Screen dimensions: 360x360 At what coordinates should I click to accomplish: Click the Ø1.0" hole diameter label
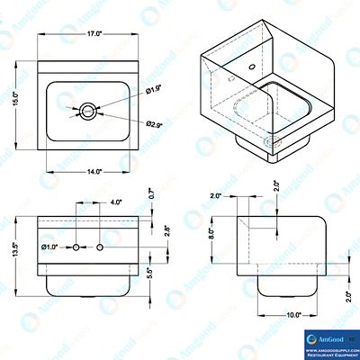point(50,247)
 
